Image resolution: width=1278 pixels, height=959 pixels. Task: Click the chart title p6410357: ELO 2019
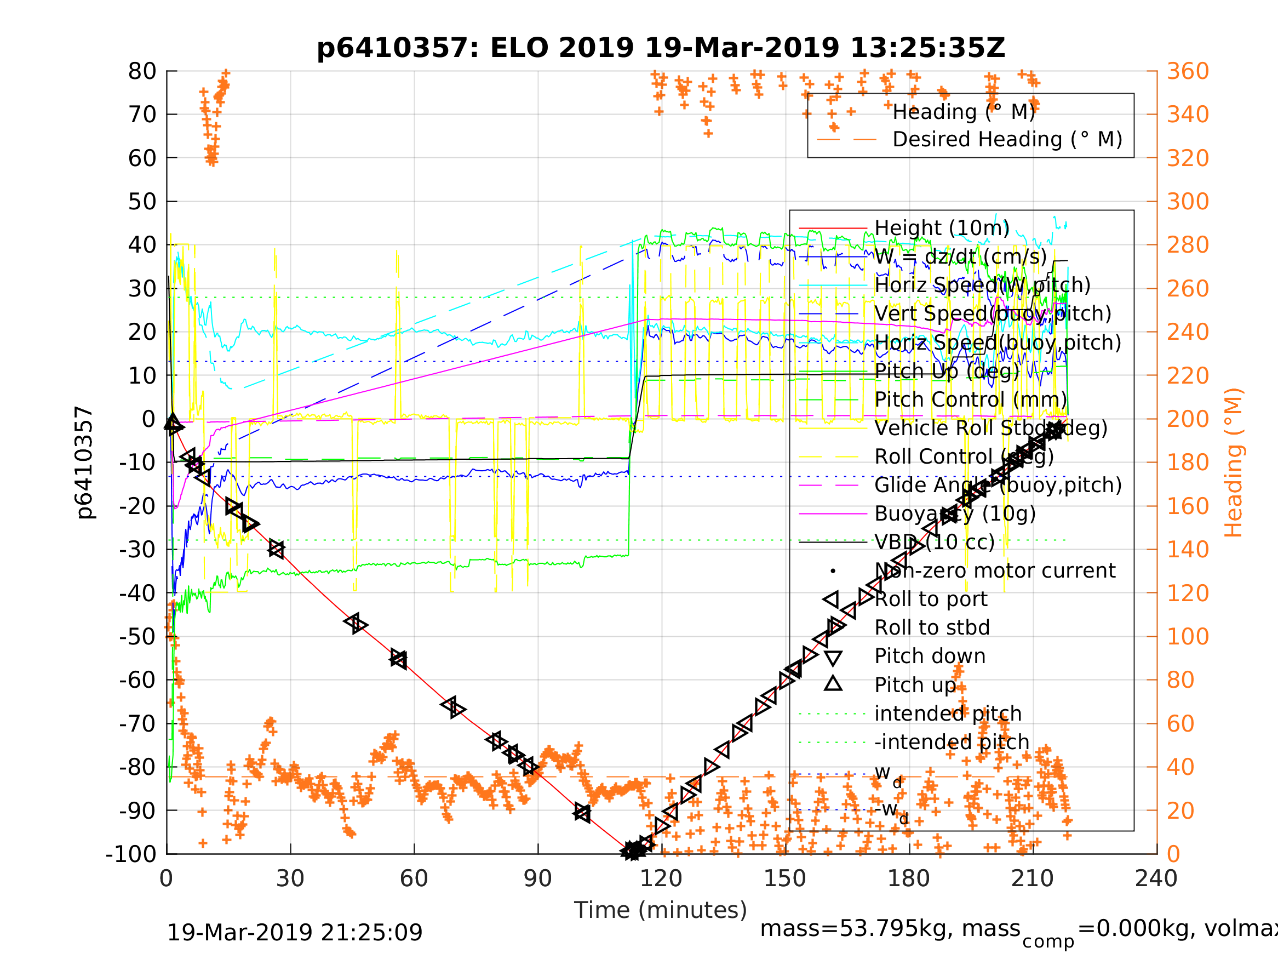pos(661,48)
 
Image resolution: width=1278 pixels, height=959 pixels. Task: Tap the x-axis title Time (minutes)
pos(661,910)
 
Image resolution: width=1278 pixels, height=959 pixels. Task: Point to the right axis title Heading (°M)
pos(1233,463)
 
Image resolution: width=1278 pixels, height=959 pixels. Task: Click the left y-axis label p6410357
pos(84,463)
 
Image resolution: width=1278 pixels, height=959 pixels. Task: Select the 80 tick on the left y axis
pos(142,72)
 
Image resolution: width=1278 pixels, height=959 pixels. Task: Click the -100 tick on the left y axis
pos(131,854)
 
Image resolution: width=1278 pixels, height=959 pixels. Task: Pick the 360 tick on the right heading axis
pos(1188,72)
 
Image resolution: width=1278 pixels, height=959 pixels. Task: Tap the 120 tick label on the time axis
pos(662,878)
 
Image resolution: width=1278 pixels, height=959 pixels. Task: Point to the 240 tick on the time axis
pos(1156,878)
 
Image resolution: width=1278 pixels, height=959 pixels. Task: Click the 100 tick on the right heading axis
pos(1188,636)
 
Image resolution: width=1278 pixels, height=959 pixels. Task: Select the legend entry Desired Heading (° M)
pos(1007,139)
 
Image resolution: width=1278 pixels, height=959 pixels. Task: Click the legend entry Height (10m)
pos(942,229)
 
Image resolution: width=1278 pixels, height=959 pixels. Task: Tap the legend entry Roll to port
pos(931,600)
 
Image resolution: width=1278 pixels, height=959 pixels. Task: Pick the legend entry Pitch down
pos(930,656)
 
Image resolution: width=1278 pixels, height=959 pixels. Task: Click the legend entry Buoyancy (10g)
pos(954,513)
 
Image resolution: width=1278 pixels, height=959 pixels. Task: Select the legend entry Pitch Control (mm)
pos(970,399)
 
